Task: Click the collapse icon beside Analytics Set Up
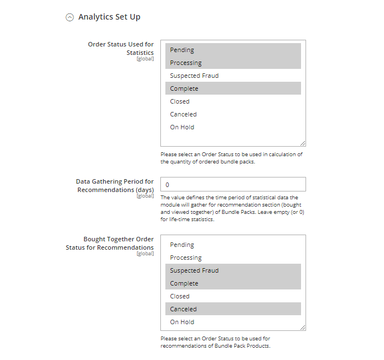(x=70, y=17)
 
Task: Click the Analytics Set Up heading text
(x=109, y=17)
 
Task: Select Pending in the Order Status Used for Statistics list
(x=182, y=50)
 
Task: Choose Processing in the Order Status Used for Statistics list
(x=186, y=63)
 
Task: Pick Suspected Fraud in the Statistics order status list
(x=194, y=76)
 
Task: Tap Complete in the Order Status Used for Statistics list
(x=184, y=88)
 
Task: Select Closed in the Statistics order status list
(x=179, y=101)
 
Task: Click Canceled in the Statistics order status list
(x=183, y=114)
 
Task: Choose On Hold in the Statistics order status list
(x=182, y=127)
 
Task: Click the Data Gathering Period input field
(x=233, y=184)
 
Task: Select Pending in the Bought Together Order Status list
(x=182, y=245)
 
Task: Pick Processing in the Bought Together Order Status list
(x=186, y=258)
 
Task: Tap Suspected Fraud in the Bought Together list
(x=194, y=270)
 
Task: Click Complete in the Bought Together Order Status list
(x=184, y=283)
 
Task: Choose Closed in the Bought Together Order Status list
(x=179, y=296)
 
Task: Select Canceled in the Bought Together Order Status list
(x=183, y=309)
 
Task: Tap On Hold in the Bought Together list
(x=182, y=322)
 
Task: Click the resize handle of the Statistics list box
(x=303, y=143)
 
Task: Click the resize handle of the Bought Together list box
(x=303, y=328)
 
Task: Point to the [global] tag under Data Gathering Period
(x=145, y=196)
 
